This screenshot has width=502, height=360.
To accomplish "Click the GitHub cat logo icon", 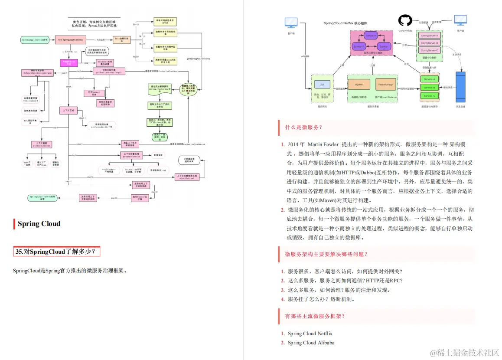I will [x=405, y=20].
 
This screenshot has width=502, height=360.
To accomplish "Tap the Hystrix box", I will [x=359, y=84].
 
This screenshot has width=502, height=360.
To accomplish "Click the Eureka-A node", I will [x=371, y=36].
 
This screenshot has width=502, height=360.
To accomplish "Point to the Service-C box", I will [x=429, y=95].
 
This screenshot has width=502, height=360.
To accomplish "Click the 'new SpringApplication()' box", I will [x=70, y=40].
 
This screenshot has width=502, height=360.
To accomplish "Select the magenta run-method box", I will [x=68, y=62].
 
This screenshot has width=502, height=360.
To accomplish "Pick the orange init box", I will [x=121, y=39].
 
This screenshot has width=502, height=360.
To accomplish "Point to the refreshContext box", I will [x=42, y=144].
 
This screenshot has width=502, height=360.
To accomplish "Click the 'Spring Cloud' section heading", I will [x=39, y=224].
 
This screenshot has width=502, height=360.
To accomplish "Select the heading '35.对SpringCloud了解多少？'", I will [x=55, y=252].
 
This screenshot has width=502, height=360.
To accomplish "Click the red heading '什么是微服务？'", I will [x=303, y=127].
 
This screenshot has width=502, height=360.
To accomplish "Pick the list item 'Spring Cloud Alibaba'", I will [x=311, y=343].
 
